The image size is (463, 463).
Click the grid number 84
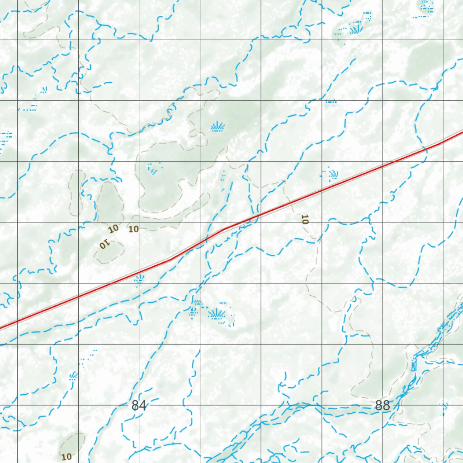(x=139, y=406)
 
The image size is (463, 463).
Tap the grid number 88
(x=383, y=406)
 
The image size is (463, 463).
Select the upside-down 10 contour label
(x=105, y=245)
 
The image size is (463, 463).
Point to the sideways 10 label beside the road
(x=304, y=220)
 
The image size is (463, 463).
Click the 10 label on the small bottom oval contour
(x=66, y=457)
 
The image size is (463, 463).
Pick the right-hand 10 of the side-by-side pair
(x=133, y=229)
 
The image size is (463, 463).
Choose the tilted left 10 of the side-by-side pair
(x=113, y=228)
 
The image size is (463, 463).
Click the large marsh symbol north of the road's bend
(x=218, y=127)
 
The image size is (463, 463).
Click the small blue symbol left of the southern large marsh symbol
(x=194, y=311)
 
